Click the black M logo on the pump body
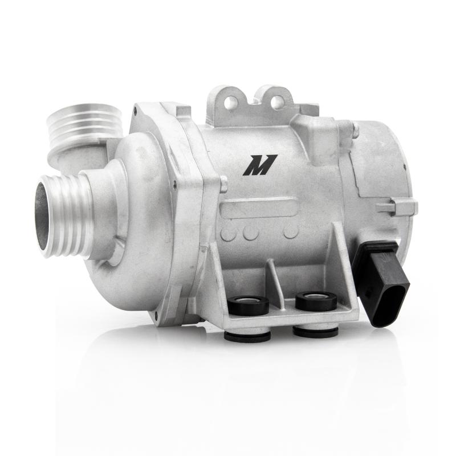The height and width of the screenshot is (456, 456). click(259, 165)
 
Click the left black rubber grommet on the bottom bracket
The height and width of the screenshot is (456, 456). click(248, 305)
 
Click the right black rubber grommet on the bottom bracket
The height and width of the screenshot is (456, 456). click(316, 300)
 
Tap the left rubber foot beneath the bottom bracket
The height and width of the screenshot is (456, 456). click(247, 336)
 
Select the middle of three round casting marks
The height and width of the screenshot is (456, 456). click(251, 232)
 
